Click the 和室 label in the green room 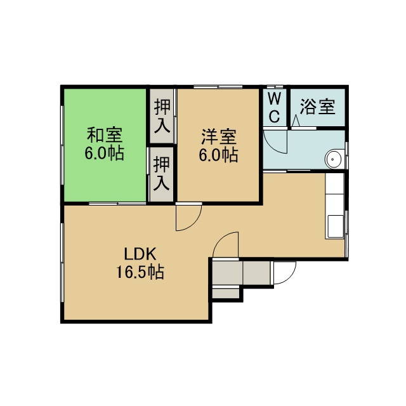click(x=104, y=135)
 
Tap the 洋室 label click(x=219, y=137)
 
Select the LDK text click(x=140, y=254)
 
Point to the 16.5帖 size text click(x=140, y=272)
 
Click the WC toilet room click(x=274, y=107)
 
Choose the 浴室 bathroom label click(x=318, y=107)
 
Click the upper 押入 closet click(x=162, y=115)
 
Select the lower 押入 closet click(x=162, y=174)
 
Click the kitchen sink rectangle click(x=336, y=226)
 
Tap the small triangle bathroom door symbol click(x=296, y=121)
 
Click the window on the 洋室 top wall click(x=218, y=87)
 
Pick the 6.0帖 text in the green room click(x=104, y=154)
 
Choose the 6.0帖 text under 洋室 click(x=218, y=155)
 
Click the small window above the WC click(x=275, y=87)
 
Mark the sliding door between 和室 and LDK click(x=117, y=204)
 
